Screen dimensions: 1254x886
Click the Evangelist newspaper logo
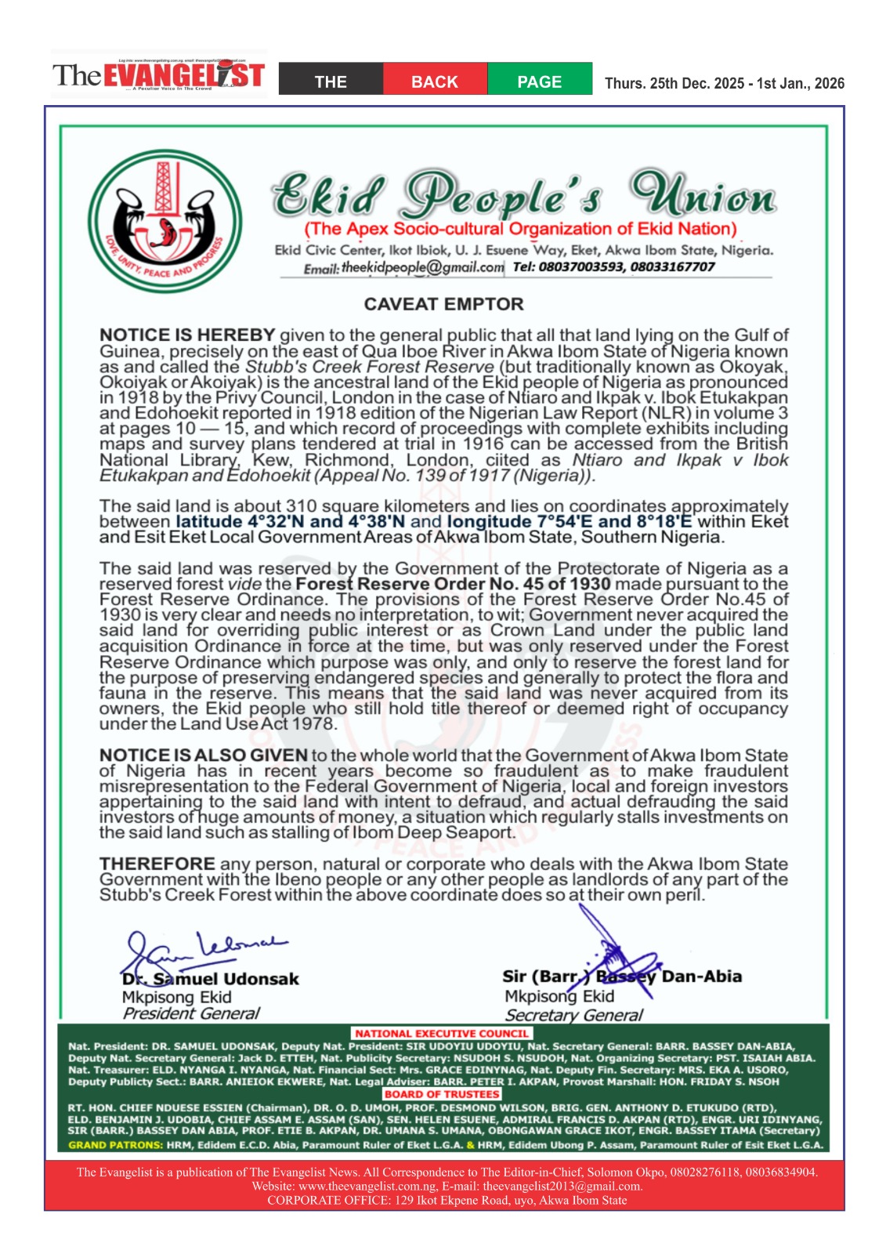coord(158,75)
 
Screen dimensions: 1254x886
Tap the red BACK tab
coord(435,82)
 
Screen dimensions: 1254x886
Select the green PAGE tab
coord(539,82)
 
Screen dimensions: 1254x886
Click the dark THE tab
coord(331,82)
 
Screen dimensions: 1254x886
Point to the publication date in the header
coord(724,83)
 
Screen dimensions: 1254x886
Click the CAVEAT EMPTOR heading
coord(443,304)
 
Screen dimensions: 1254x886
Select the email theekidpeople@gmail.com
coord(422,267)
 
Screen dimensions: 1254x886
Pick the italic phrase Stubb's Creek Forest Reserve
coord(370,367)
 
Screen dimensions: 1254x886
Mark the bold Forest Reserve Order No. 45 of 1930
coord(453,584)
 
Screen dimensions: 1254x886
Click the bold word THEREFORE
coord(157,864)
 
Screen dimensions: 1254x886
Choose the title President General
coord(190,1013)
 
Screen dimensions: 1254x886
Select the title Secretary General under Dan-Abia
coord(573,1015)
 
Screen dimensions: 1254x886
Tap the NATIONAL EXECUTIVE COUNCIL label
coord(442,1034)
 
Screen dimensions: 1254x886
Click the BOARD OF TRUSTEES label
coord(442,1094)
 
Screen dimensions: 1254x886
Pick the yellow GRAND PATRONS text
coord(115,1145)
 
